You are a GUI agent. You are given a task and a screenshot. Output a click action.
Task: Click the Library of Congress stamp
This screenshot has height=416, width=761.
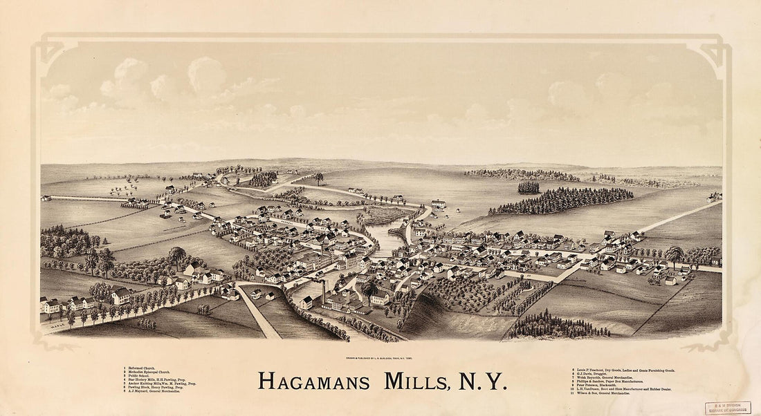pyautogui.click(x=728, y=408)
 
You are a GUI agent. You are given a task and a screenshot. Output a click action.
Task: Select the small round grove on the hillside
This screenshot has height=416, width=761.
pyautogui.click(x=529, y=187)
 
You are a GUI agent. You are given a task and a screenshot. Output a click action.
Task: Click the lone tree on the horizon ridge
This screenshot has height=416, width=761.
pyautogui.click(x=318, y=178)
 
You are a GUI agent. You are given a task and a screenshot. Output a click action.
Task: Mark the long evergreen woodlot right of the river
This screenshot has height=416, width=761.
pyautogui.click(x=560, y=201)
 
